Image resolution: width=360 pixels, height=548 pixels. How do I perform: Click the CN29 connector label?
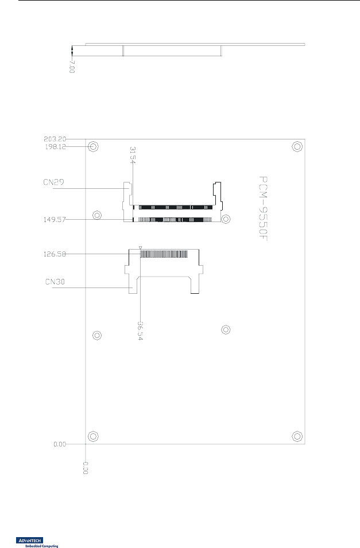pyautogui.click(x=53, y=182)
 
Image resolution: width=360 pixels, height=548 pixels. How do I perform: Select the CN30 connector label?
pyautogui.click(x=55, y=282)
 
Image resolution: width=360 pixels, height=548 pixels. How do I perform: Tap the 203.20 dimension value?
pyautogui.click(x=55, y=139)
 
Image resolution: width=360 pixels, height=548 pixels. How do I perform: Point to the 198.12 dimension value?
pyautogui.click(x=55, y=147)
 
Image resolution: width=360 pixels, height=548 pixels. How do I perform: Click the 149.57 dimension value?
pyautogui.click(x=55, y=219)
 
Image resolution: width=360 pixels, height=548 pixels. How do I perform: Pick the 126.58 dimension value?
pyautogui.click(x=55, y=254)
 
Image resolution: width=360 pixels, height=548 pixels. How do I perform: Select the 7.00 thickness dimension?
pyautogui.click(x=72, y=67)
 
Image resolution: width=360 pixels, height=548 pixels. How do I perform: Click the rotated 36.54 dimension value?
pyautogui.click(x=140, y=331)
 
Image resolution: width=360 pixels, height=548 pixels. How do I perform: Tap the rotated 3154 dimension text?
pyautogui.click(x=132, y=154)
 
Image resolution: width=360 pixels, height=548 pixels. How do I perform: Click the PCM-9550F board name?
pyautogui.click(x=263, y=209)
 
